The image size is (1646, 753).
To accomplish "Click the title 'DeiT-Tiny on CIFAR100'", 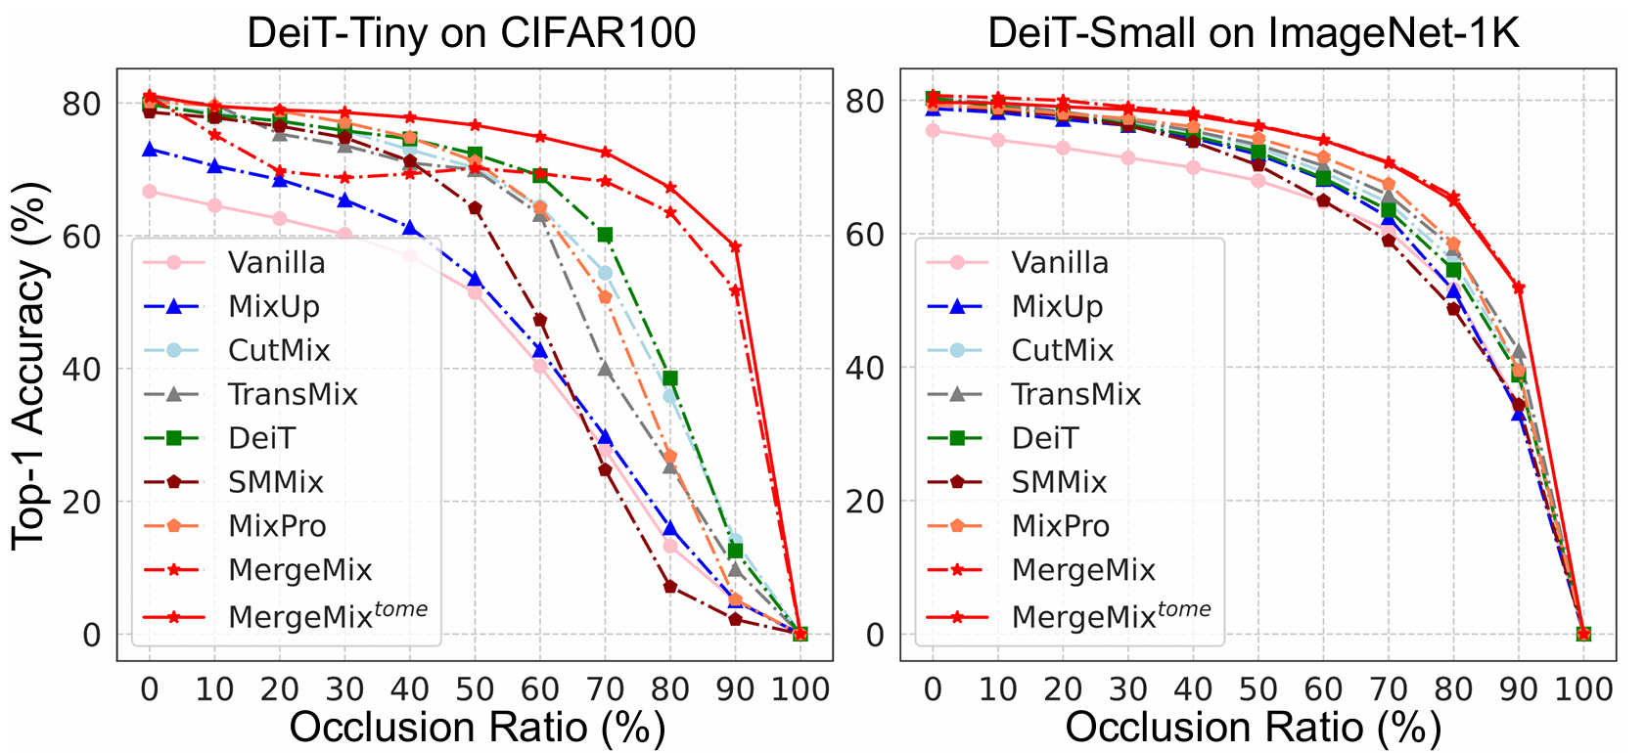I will (471, 33).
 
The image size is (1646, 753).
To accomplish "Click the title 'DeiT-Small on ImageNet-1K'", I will (1254, 33).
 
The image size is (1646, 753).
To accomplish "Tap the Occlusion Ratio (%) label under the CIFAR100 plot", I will (478, 729).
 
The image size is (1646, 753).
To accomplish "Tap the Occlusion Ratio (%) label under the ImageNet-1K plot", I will (1254, 729).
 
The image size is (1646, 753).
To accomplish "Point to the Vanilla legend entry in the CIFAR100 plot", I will (277, 263).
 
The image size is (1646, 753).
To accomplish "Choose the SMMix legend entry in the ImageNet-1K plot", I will (1059, 482).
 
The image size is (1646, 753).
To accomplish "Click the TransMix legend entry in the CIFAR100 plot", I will (293, 394).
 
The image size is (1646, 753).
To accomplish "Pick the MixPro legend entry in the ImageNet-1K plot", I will (1061, 526).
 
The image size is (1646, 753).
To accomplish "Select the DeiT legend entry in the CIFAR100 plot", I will (261, 438).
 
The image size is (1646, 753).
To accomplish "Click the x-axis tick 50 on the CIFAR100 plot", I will (475, 688).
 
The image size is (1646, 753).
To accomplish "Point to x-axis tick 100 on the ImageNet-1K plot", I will (1583, 688).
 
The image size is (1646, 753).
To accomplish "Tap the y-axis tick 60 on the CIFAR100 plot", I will (82, 236).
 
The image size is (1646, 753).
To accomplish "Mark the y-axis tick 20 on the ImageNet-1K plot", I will (865, 502).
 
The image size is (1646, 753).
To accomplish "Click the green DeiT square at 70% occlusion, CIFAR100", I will (605, 235).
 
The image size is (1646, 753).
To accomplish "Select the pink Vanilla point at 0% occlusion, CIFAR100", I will (150, 192).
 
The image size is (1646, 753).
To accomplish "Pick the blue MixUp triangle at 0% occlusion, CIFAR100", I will (150, 150).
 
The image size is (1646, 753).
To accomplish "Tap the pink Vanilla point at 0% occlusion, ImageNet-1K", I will (933, 131).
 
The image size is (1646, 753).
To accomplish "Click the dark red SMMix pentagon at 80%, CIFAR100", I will (670, 587).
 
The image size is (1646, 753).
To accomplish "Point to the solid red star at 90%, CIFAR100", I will (735, 246).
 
